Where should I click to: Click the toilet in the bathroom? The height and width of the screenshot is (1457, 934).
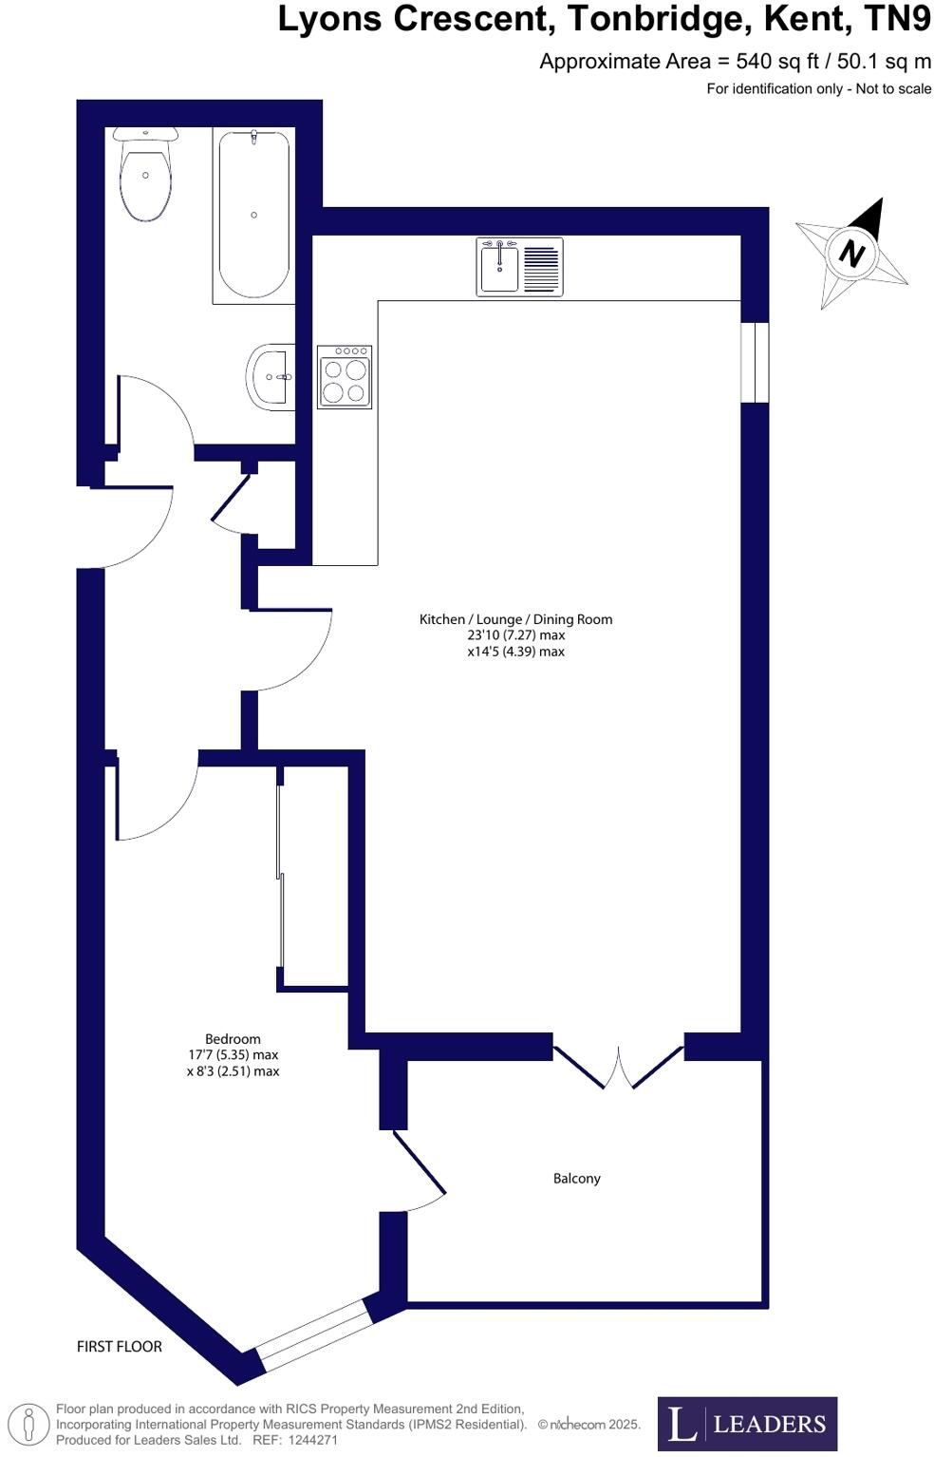(145, 176)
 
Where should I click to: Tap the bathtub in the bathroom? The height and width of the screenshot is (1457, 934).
(253, 216)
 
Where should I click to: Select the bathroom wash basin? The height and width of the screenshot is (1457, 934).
(271, 377)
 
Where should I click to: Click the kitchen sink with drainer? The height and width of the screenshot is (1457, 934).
(519, 267)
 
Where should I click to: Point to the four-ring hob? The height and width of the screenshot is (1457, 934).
(345, 377)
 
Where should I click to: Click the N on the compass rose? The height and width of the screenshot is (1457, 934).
(852, 254)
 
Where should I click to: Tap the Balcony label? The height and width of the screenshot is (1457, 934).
(576, 1179)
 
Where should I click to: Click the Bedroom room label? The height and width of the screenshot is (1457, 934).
(233, 1039)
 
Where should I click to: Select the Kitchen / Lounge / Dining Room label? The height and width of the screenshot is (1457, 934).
(515, 619)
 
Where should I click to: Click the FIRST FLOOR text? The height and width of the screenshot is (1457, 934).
(120, 1346)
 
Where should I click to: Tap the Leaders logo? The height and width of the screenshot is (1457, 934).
(747, 1424)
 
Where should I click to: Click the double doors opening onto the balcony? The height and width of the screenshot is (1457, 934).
(618, 1067)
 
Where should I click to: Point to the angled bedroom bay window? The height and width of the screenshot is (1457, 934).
(313, 1334)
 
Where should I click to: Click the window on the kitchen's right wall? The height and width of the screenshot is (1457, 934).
(755, 362)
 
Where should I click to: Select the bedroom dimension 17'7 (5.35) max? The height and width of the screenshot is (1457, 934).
(233, 1055)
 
